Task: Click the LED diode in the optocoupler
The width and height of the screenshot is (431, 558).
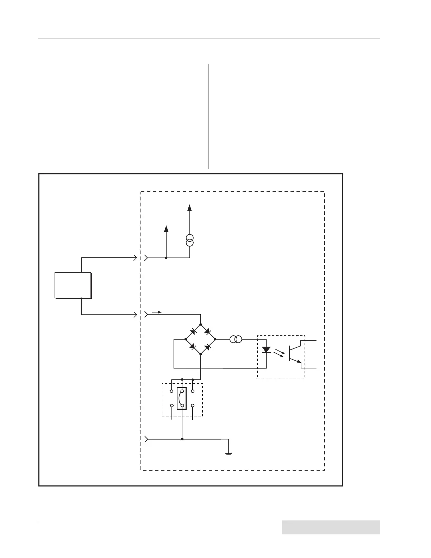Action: (x=266, y=350)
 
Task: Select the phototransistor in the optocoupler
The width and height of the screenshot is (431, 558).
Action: (x=294, y=353)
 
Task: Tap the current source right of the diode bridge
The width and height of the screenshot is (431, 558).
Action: (x=236, y=339)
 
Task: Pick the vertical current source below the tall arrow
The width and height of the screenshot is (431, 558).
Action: (x=190, y=241)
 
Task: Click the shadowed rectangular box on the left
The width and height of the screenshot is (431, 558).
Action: (x=73, y=285)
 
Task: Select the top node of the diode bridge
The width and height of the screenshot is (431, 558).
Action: (x=200, y=324)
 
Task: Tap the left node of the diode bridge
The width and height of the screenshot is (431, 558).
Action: (x=186, y=339)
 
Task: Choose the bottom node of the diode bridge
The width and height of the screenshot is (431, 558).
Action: (x=200, y=354)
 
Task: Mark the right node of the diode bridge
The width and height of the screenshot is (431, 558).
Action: (x=215, y=339)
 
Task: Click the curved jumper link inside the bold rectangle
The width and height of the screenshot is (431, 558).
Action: (x=181, y=398)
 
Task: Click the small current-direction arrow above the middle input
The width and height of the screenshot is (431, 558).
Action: (x=157, y=312)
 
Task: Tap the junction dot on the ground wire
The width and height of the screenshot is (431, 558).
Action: (x=182, y=439)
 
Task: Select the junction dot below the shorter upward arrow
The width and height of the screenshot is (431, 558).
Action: (x=166, y=258)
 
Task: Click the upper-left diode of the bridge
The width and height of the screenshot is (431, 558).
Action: (x=193, y=332)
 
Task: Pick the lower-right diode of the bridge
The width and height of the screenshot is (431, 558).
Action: (x=208, y=347)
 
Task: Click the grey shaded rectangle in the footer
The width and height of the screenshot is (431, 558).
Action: (x=331, y=527)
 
